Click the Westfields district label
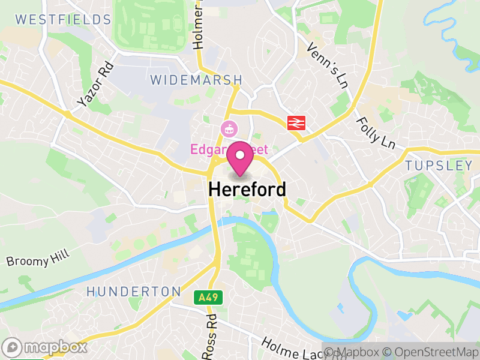pos(64,19)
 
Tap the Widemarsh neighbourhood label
pos(196,80)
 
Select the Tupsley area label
pos(439,165)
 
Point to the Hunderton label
pos(133,292)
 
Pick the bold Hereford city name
pos(247,189)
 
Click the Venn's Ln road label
pos(328,66)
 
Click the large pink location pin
pos(241,158)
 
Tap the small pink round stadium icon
pos(228,128)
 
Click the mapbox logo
pos(45,347)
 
